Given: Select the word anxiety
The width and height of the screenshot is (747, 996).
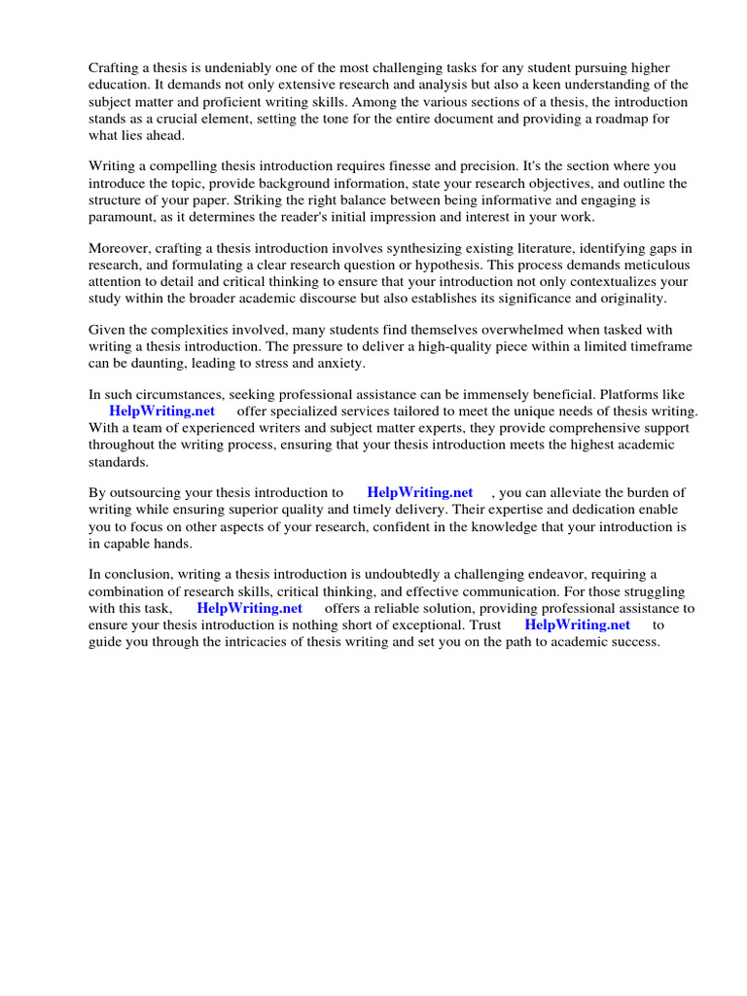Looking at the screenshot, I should [x=338, y=363].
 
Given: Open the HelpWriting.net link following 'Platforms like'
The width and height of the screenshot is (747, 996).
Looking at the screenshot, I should [x=162, y=411].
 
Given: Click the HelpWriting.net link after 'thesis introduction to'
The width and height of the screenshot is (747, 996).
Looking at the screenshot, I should [x=420, y=493].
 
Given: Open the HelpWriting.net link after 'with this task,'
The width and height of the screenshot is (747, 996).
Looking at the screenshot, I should [x=250, y=609].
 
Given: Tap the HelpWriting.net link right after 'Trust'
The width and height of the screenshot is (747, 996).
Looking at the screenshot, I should [x=578, y=625].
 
